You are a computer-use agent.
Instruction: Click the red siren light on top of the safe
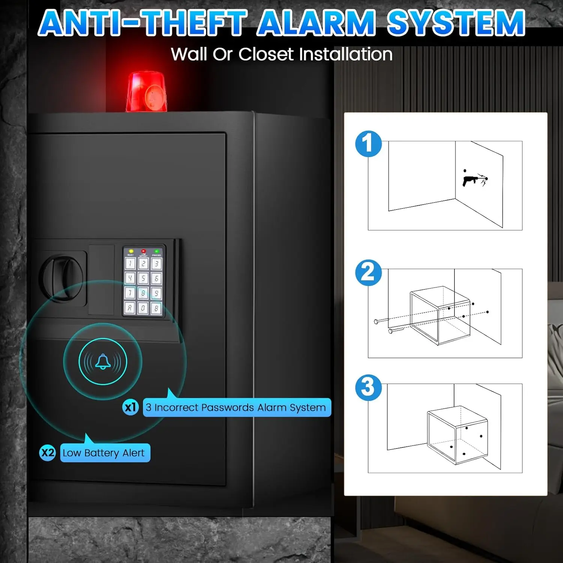click(146, 92)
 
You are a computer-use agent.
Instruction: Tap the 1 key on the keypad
click(130, 263)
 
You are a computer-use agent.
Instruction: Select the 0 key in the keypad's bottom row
click(143, 309)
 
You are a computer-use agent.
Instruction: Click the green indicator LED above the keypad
click(157, 251)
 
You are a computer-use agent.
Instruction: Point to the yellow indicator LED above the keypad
click(131, 251)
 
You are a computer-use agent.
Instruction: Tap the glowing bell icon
click(103, 361)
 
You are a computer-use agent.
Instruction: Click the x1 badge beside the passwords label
click(131, 407)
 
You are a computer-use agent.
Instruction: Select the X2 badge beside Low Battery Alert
click(48, 453)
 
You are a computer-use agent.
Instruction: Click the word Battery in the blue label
click(102, 453)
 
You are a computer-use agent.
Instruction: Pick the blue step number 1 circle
click(368, 144)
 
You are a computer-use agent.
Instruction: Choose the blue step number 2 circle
click(368, 273)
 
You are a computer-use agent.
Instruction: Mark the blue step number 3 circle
click(368, 387)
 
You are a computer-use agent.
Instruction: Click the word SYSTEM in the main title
click(456, 23)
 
